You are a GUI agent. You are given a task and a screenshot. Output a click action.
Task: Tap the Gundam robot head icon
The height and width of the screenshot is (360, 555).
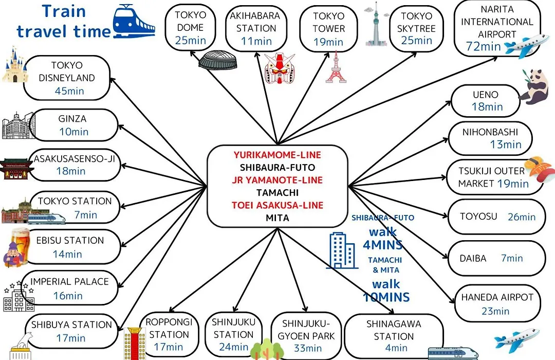[x=280, y=68]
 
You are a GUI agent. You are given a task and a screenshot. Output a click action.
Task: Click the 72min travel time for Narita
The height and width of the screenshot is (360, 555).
[x=483, y=46]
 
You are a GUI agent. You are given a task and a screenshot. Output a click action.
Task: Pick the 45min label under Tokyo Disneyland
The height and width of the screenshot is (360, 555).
[x=69, y=91]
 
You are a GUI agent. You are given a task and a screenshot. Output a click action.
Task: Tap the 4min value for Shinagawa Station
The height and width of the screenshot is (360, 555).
[x=396, y=348]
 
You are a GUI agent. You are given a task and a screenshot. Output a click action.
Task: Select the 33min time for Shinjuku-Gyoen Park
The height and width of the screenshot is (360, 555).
[x=308, y=348]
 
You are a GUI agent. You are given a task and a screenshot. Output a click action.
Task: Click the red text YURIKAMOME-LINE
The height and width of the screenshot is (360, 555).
[x=277, y=155]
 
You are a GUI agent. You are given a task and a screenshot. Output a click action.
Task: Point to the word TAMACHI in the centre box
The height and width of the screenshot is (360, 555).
[x=277, y=193]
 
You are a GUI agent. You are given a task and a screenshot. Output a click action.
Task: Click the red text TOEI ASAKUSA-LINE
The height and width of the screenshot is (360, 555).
[x=277, y=205]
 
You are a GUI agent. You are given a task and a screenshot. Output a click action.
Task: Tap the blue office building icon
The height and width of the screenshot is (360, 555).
[x=342, y=250]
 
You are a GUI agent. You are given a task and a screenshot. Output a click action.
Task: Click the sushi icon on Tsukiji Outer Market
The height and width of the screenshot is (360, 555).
[x=538, y=170]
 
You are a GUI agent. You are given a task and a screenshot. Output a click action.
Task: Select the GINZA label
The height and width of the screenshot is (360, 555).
[x=72, y=119]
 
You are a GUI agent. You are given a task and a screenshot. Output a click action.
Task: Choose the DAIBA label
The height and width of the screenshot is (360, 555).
[x=473, y=258]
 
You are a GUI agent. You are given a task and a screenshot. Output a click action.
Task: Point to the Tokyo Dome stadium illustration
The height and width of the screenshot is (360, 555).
[x=217, y=60]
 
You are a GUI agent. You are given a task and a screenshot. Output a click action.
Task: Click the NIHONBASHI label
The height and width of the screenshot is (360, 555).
[x=490, y=132]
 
